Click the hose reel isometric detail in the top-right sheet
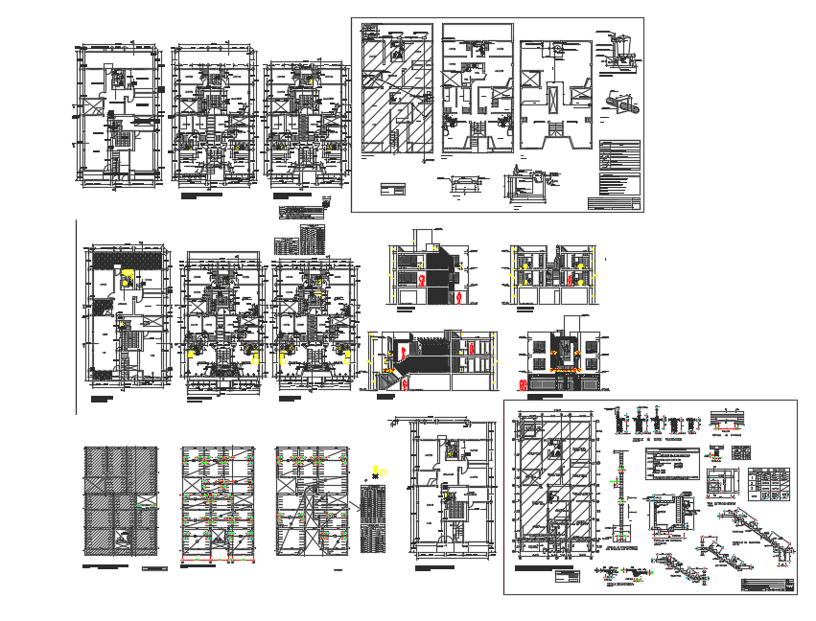(x=619, y=101)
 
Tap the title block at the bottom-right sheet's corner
(x=768, y=586)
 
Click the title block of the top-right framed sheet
(x=613, y=202)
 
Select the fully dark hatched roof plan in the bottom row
(x=120, y=500)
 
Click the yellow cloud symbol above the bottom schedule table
(x=376, y=467)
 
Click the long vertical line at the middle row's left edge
(x=76, y=316)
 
